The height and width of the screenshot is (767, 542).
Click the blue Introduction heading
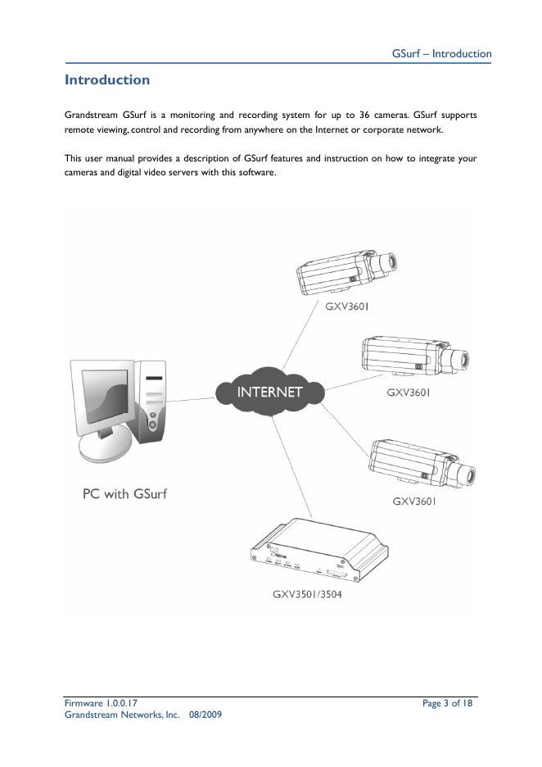click(107, 80)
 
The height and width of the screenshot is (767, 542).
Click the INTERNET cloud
click(269, 392)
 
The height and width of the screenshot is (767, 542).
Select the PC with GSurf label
click(124, 494)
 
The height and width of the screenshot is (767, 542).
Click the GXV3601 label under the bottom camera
click(414, 501)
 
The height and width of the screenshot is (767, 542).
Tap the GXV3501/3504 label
click(307, 594)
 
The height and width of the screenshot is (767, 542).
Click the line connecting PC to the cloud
click(192, 398)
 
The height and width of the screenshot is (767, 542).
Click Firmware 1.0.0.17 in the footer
click(102, 703)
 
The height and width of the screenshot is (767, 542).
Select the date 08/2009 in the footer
click(206, 715)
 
